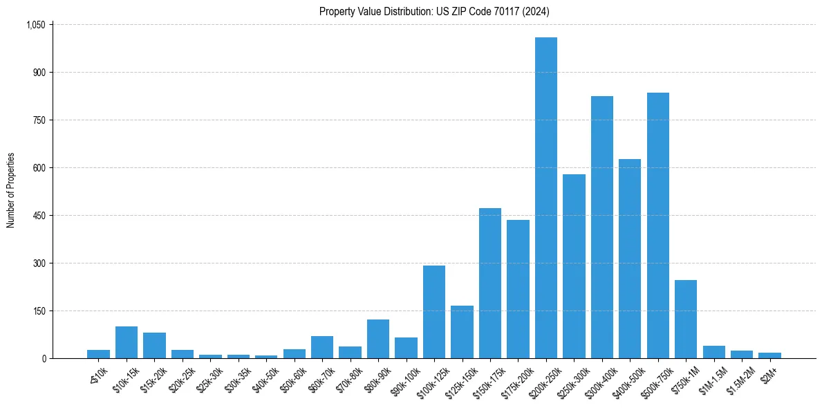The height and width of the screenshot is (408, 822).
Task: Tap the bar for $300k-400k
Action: [602, 228]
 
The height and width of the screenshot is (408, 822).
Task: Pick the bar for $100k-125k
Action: [434, 312]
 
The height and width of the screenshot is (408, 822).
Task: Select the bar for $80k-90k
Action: [378, 339]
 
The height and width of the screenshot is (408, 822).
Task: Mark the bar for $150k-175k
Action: [490, 284]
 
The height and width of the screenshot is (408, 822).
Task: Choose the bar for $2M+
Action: [769, 355]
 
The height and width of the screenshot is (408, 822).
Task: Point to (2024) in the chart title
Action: [536, 11]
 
